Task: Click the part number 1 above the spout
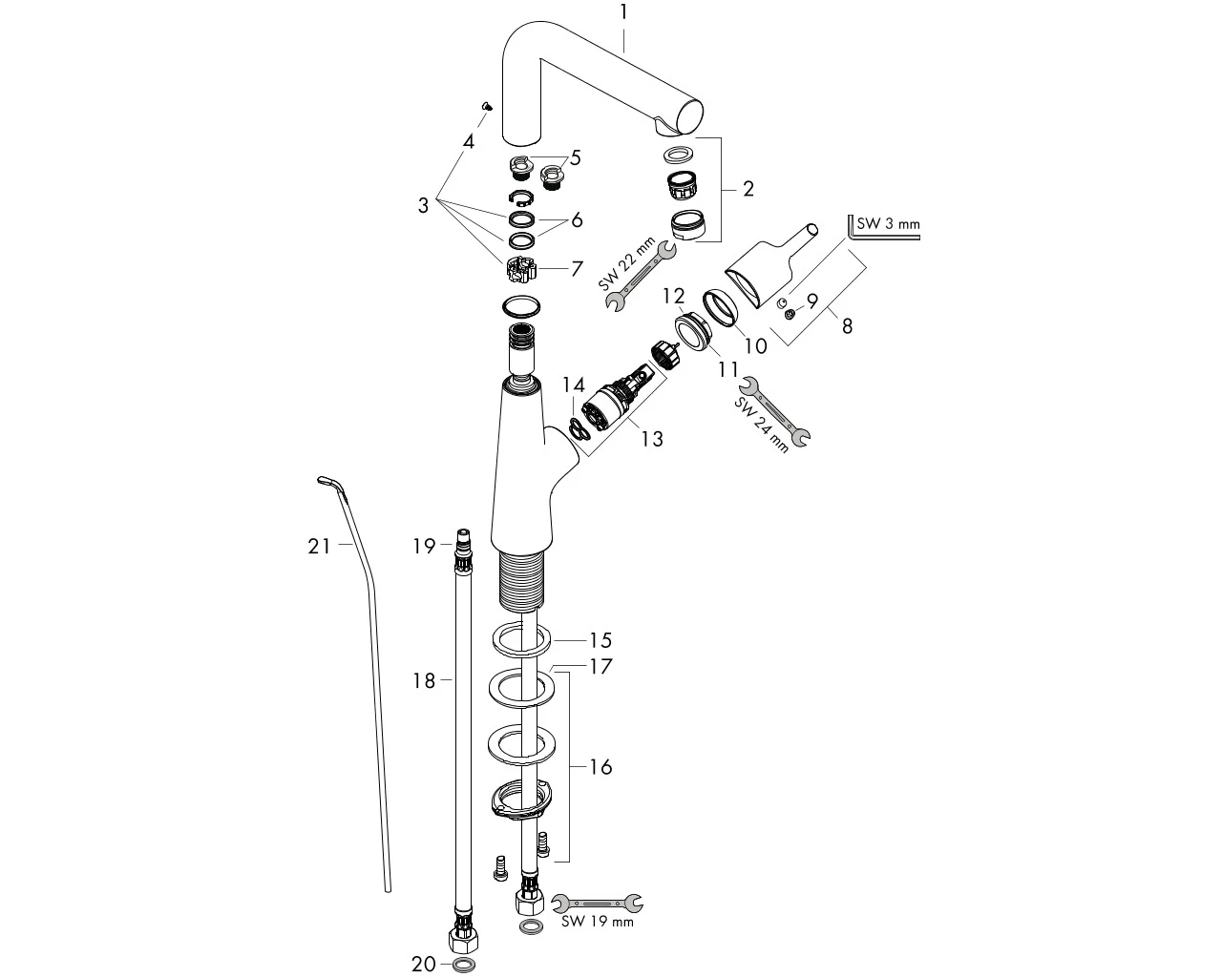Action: click(623, 11)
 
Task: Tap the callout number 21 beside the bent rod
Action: click(319, 547)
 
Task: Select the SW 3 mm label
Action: click(888, 223)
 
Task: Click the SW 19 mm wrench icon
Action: click(597, 902)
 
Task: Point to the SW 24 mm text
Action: click(762, 424)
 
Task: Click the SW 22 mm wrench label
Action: click(626, 264)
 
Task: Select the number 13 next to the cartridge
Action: click(652, 439)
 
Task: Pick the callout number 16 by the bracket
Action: click(600, 767)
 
